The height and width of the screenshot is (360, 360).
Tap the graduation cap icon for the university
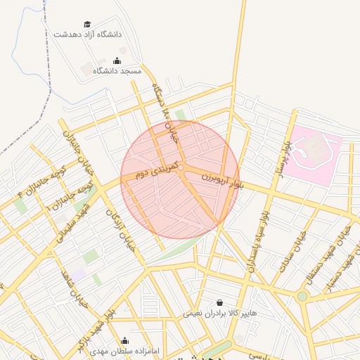pyautogui.click(x=87, y=24)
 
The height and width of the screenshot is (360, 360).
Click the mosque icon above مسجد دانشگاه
pyautogui.click(x=117, y=61)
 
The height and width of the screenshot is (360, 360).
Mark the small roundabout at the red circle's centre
pyautogui.click(x=181, y=168)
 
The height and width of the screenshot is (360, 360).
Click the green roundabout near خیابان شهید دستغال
pyautogui.click(x=302, y=296)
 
